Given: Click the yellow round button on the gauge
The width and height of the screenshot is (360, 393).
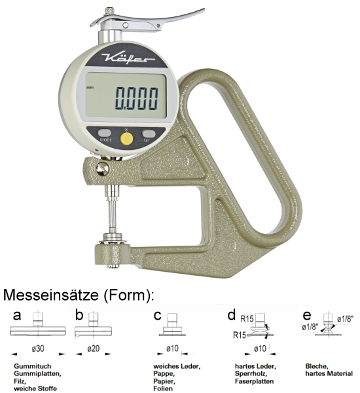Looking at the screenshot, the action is [x=126, y=138].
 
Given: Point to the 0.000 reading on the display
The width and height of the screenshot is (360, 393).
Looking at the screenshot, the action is [x=137, y=98].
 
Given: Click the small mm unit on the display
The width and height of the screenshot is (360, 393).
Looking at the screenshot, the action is [x=90, y=88].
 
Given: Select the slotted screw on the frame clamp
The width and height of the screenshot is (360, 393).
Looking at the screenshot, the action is [x=102, y=169].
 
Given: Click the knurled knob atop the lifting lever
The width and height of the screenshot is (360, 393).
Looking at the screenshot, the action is [x=109, y=12].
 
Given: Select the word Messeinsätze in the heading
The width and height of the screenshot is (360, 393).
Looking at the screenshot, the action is [x=51, y=295].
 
